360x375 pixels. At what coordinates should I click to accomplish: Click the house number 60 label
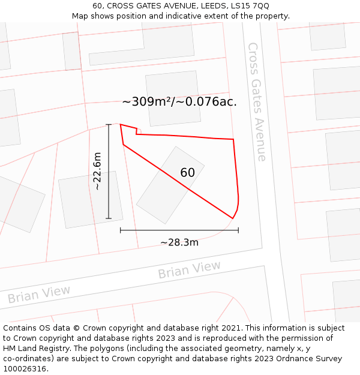187,173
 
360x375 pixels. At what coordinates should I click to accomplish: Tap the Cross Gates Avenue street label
257,101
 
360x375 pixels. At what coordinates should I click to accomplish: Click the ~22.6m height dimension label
98,172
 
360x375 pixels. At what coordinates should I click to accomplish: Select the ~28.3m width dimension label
179,242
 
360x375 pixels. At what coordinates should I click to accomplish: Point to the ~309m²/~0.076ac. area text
179,102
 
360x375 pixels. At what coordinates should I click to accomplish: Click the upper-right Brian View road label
189,271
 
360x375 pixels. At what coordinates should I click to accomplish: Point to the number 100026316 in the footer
24,368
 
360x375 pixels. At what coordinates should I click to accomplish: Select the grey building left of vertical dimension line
90,200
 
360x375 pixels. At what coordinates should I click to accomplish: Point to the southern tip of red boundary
232,218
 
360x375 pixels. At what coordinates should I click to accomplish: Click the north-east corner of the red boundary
233,140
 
